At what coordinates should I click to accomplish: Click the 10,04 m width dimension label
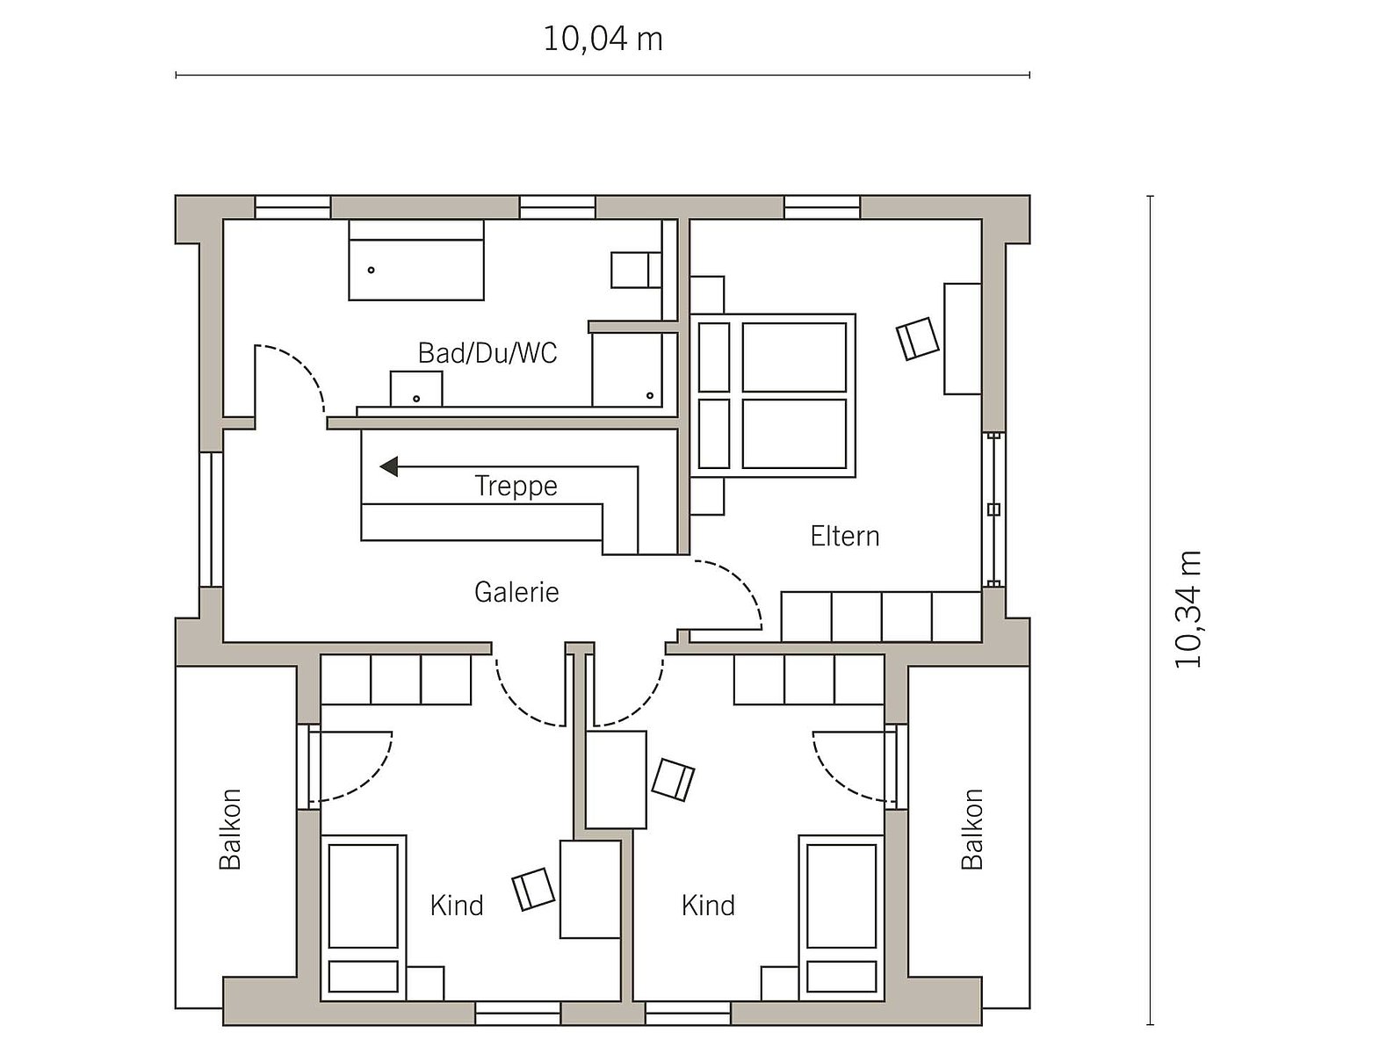coord(603,40)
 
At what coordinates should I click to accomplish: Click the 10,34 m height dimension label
coord(1188,610)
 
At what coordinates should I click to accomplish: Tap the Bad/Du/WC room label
coord(487,353)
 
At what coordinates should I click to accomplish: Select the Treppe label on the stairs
coord(516,487)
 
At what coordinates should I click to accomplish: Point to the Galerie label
coord(516,592)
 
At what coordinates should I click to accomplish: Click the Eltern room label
coord(845,536)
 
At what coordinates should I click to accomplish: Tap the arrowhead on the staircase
coord(389,466)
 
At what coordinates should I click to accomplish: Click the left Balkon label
coord(230,829)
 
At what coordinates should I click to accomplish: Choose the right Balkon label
coord(972,829)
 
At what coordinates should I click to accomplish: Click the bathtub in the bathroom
coord(416,260)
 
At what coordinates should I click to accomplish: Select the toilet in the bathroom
coord(636,271)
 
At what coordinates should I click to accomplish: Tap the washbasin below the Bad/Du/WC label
coord(416,389)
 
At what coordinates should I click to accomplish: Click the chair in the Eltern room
coord(918,339)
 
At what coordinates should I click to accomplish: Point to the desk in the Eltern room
coord(963,339)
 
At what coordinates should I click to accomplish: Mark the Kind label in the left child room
coord(457,906)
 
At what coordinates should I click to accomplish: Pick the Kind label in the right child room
coord(708,906)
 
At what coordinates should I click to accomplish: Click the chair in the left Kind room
coord(533,890)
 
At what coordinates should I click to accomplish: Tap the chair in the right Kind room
coord(673,780)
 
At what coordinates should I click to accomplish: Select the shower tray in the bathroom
coord(627,370)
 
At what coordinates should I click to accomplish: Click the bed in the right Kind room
coord(841,918)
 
